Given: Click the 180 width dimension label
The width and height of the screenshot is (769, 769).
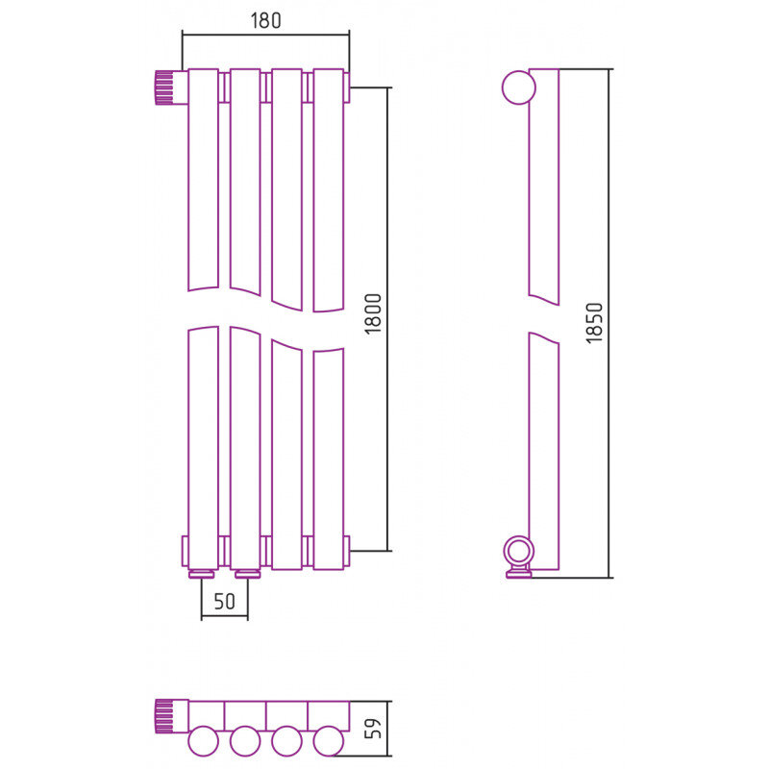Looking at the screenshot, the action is click(x=266, y=20).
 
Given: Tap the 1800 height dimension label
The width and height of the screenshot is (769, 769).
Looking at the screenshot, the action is click(x=373, y=314).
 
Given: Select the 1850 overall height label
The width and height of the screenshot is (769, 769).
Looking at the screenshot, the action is click(x=594, y=323).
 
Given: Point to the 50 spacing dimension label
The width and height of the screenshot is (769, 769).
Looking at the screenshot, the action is click(x=225, y=602).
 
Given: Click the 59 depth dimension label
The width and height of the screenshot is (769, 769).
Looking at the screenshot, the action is click(x=373, y=729).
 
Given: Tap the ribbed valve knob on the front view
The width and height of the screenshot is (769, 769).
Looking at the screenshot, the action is click(x=164, y=87).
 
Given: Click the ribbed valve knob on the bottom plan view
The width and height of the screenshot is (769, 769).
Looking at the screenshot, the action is click(x=164, y=716).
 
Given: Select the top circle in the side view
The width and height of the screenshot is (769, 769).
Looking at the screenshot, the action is click(x=519, y=87).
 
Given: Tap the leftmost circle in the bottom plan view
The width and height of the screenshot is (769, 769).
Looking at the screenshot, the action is click(x=203, y=741).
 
